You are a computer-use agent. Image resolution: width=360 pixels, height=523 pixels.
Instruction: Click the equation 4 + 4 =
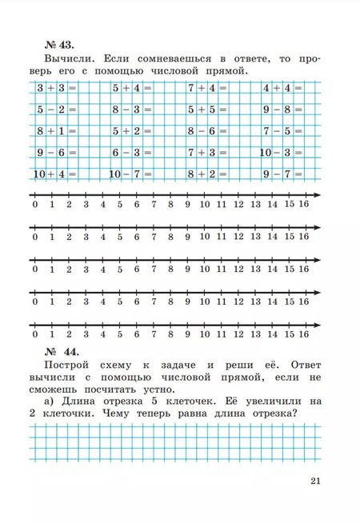click(x=282, y=89)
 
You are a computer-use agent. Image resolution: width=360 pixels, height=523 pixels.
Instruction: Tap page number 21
click(x=313, y=480)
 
